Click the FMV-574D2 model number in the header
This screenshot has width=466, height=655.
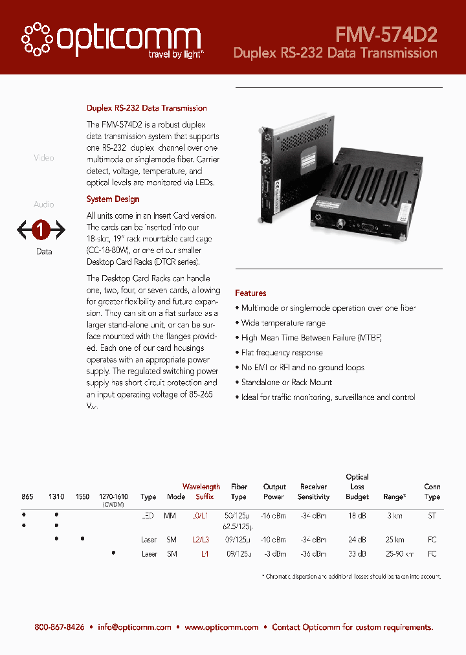[386, 34]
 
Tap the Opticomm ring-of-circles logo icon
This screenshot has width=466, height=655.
[37, 38]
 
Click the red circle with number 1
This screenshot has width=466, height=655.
[41, 229]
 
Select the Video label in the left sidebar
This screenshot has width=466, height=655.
[43, 158]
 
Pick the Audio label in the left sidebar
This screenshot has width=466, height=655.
[43, 205]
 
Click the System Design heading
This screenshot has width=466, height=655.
[113, 199]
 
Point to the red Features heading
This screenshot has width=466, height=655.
[250, 293]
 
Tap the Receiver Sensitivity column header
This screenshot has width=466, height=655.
[314, 492]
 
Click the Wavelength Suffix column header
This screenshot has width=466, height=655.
[201, 492]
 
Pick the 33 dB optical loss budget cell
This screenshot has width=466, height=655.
[357, 554]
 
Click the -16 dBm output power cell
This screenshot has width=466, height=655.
[274, 516]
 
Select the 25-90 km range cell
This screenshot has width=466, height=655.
[395, 554]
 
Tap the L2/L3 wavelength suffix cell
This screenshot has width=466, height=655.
[201, 539]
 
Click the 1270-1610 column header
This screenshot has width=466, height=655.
[113, 497]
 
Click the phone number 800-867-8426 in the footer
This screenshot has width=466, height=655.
[60, 627]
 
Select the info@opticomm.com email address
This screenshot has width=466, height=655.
[135, 627]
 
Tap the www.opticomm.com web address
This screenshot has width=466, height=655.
[221, 627]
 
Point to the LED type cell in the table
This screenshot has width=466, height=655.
[148, 516]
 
